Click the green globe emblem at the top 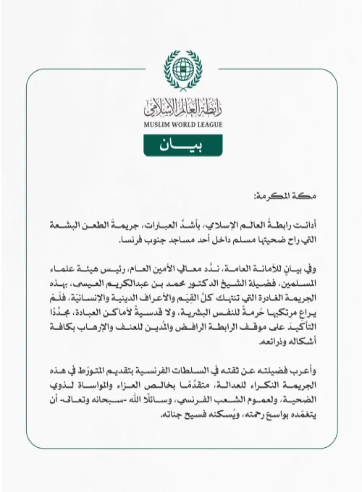(x=181, y=69)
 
